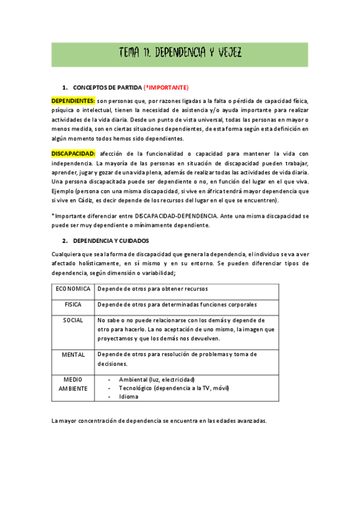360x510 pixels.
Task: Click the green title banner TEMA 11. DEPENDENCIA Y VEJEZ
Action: [x=180, y=53]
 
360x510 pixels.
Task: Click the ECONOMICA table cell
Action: [x=73, y=289]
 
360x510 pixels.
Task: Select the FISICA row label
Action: [x=73, y=305]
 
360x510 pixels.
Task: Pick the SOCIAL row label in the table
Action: [x=73, y=321]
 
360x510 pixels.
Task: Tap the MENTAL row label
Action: [x=73, y=355]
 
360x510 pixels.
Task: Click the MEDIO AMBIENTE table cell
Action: [x=73, y=384]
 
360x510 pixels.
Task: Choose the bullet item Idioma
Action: [x=129, y=397]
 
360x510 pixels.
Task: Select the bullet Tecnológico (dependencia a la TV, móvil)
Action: [x=174, y=389]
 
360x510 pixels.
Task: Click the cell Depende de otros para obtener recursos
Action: [x=153, y=289]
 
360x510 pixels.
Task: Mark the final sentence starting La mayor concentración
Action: [x=159, y=420]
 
